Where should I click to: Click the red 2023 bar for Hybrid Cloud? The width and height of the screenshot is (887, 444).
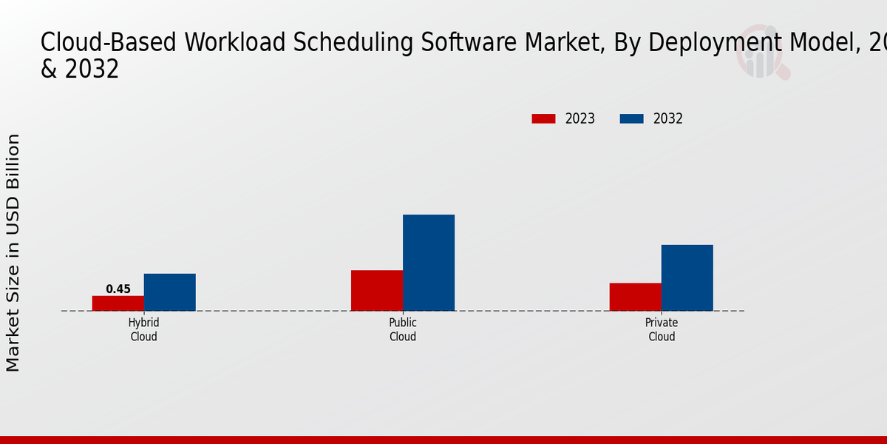point(118,303)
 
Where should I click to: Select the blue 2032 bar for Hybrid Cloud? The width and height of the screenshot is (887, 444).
point(169,292)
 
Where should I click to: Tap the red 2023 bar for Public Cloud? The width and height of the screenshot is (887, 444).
point(376,290)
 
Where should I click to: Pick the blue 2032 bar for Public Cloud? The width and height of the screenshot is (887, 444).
point(428,262)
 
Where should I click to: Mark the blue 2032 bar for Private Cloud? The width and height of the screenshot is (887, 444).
point(687,277)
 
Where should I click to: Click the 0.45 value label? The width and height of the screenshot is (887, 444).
point(118,289)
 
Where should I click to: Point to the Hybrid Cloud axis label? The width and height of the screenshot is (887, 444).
point(143,330)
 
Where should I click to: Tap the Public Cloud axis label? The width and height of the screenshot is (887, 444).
point(403,330)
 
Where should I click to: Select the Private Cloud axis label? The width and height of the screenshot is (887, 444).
point(662,330)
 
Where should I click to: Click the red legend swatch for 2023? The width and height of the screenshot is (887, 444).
point(543,118)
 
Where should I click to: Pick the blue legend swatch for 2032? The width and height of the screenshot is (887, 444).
point(631,118)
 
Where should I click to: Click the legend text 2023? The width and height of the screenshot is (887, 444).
point(580,118)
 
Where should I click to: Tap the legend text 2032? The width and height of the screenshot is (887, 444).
point(668,118)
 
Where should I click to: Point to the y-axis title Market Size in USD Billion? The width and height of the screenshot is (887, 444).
point(13,252)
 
